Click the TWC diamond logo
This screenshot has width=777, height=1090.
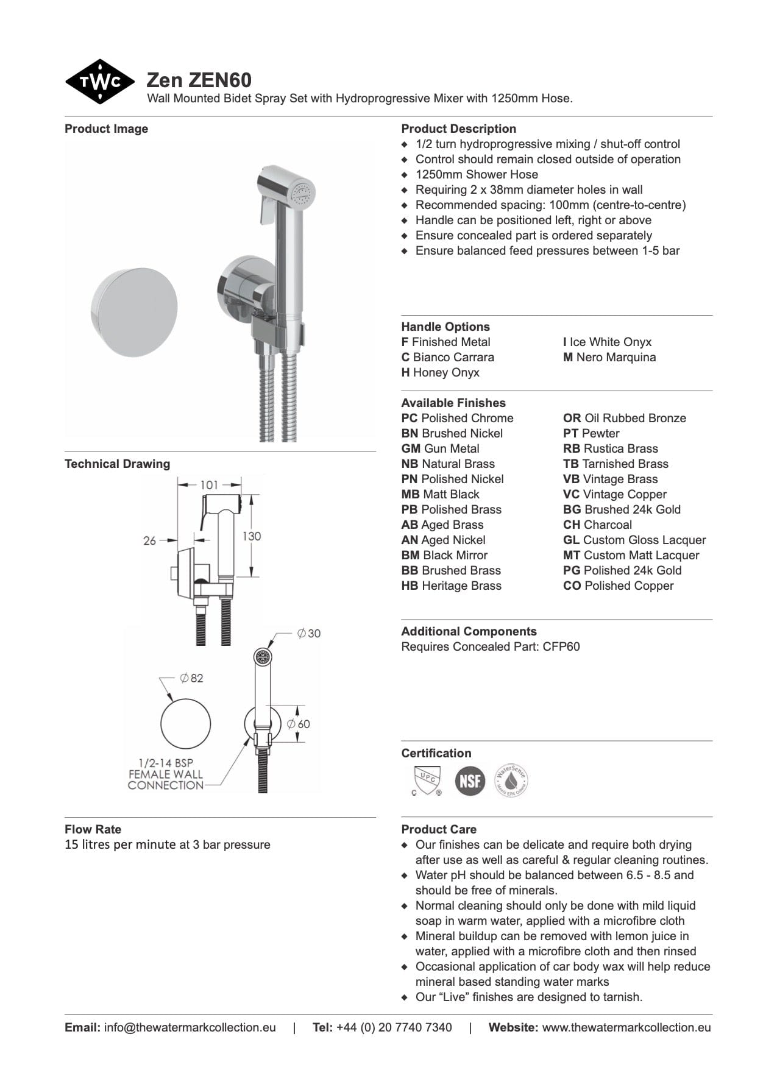coord(99,82)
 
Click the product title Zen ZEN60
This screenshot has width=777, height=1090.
coord(199,80)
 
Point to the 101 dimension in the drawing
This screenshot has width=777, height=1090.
coord(209,485)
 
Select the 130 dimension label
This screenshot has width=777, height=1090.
coord(252,536)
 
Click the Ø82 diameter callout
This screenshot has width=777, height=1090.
coord(191,678)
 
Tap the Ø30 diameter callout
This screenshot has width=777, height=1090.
coord(309,634)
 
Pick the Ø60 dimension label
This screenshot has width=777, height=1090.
coord(299,724)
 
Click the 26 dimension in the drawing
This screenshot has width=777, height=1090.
coord(149,540)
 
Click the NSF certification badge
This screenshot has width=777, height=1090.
coord(470,780)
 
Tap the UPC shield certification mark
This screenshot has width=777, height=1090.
coord(427,780)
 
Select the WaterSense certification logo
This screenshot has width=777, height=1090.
coord(511,780)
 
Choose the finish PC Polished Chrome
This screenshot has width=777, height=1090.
coord(457,418)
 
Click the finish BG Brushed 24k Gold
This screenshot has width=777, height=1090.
coord(622,509)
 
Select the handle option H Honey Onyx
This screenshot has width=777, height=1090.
coord(440,372)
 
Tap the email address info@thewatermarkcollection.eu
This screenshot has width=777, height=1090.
coord(190,1027)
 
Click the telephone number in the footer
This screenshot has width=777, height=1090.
coord(394,1027)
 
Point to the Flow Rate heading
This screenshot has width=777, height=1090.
coord(93,829)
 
